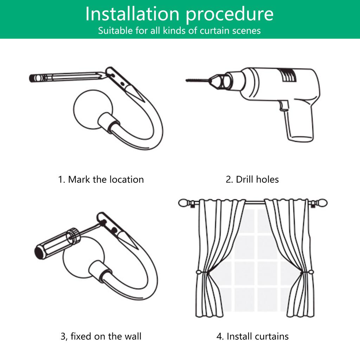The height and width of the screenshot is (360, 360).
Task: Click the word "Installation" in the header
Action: [x=132, y=14]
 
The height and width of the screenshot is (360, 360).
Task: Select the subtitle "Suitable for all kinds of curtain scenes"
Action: [x=179, y=31]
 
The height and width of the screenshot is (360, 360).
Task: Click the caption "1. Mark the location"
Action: [x=101, y=180]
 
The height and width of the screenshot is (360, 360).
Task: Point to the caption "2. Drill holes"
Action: [x=252, y=180]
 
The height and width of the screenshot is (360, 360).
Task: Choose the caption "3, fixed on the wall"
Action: [x=101, y=336]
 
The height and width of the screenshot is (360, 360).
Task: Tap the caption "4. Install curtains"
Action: [x=252, y=336]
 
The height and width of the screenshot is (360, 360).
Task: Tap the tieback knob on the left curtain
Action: [x=199, y=272]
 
